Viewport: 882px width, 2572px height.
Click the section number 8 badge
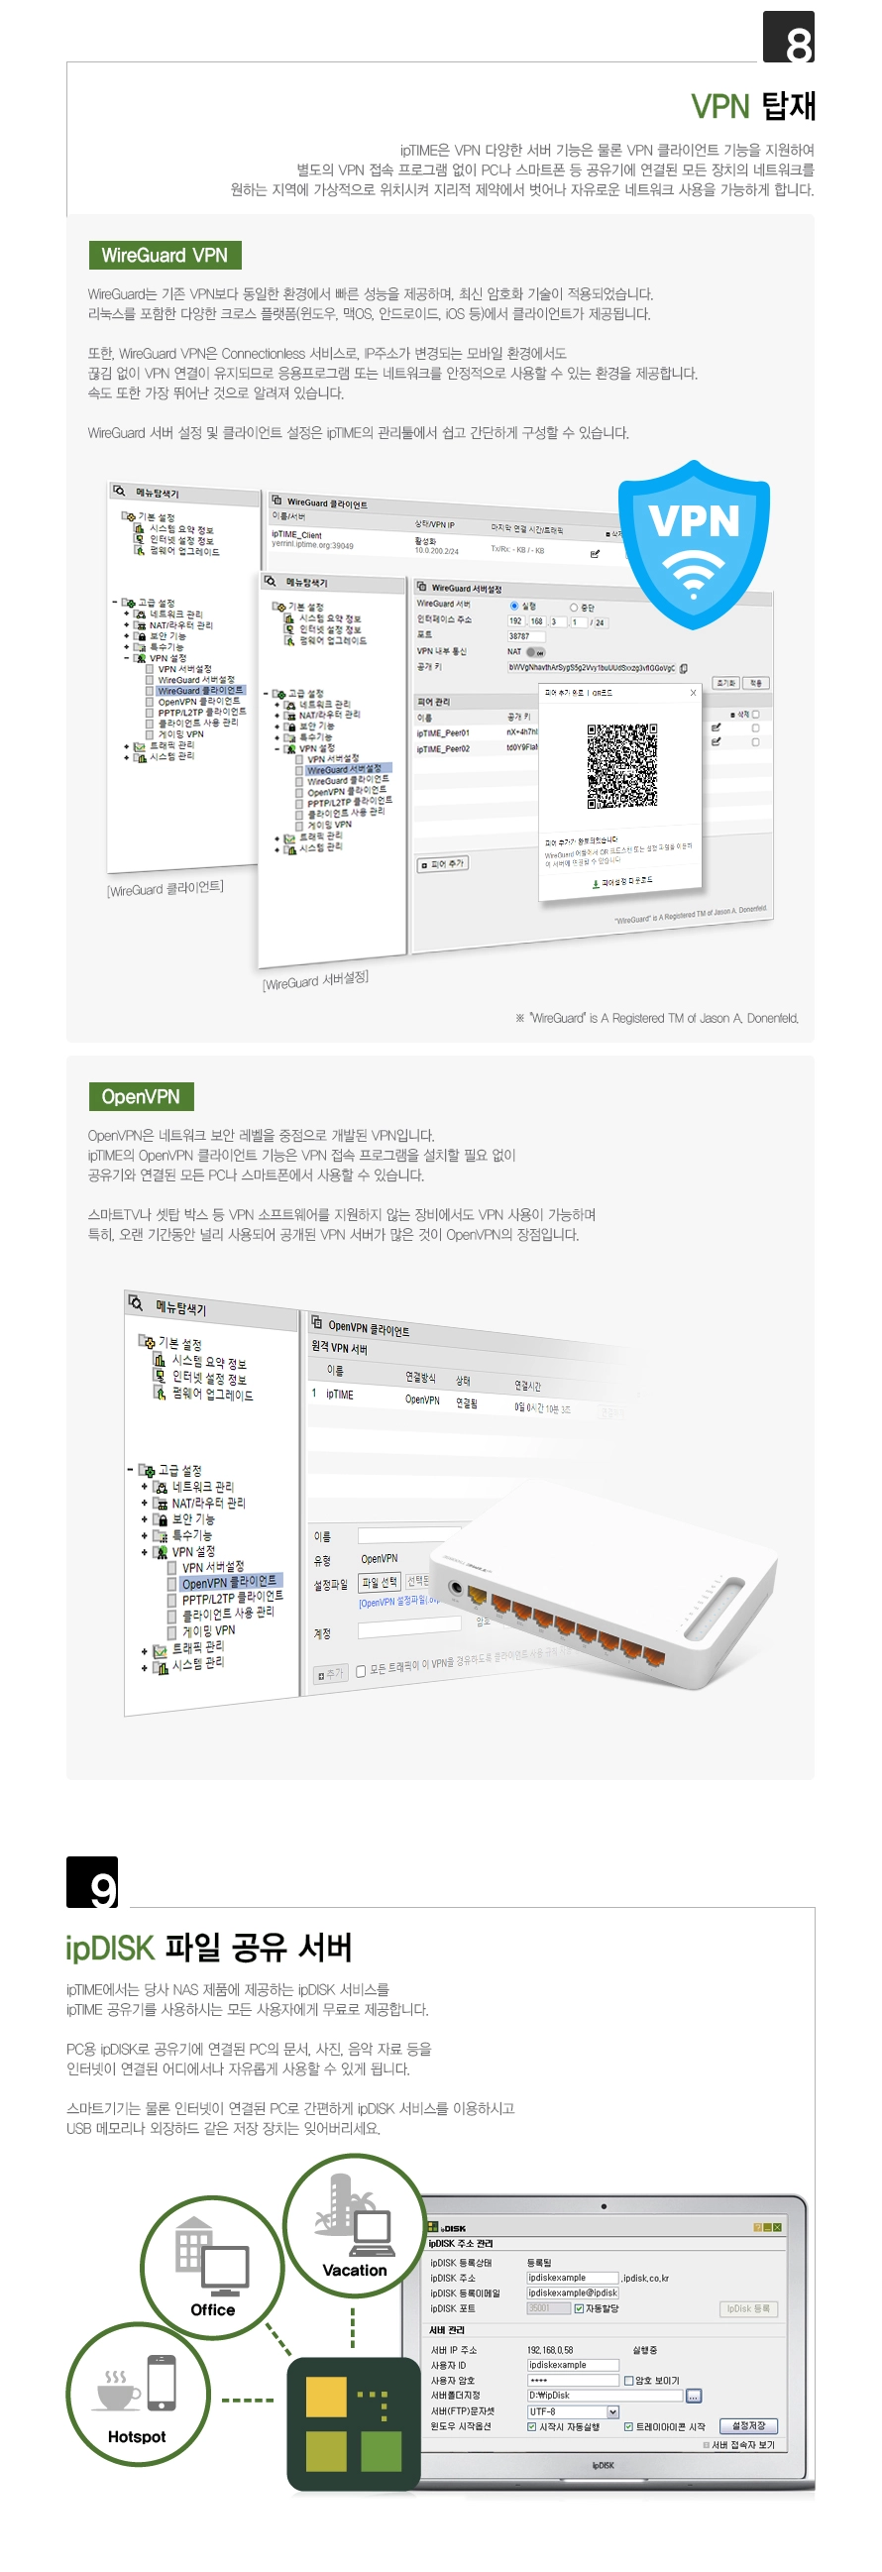click(x=788, y=38)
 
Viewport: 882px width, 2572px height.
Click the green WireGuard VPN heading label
click(x=164, y=256)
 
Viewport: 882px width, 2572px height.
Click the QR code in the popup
click(x=621, y=765)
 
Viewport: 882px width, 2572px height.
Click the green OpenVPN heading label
click(x=141, y=1096)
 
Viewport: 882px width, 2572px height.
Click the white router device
click(x=600, y=1578)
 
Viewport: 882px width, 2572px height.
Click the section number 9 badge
click(x=92, y=1882)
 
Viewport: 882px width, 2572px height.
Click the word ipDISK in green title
click(x=110, y=1948)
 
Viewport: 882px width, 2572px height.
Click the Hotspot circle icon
click(x=137, y=2394)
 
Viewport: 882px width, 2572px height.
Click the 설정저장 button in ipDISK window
click(x=748, y=2425)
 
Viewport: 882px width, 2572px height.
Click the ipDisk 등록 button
click(x=747, y=2308)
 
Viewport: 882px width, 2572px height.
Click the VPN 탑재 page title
click(x=753, y=106)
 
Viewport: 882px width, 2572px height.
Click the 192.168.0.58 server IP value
click(x=550, y=2349)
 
